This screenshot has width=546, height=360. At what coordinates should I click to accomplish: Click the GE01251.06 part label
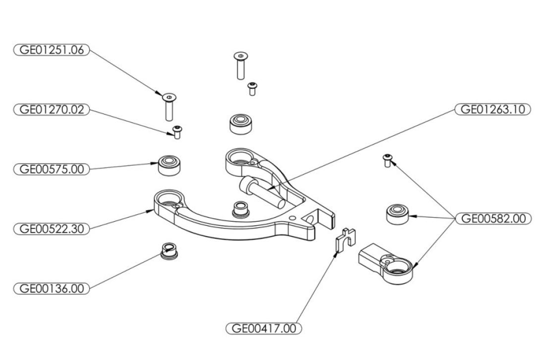click(52, 50)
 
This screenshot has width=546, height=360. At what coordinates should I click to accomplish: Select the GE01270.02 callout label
click(52, 110)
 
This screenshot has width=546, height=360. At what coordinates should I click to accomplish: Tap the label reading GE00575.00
click(52, 169)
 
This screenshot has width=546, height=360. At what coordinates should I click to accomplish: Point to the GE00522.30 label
click(52, 229)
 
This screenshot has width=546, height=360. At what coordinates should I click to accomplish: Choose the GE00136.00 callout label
click(52, 289)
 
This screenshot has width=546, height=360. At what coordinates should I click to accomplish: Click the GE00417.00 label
click(264, 328)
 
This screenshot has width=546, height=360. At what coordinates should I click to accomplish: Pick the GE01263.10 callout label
click(492, 109)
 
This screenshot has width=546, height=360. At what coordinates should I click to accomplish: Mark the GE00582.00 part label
click(492, 219)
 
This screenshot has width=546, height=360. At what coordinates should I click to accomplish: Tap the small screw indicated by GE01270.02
click(177, 132)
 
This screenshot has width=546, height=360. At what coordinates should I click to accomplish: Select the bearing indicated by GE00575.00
click(169, 166)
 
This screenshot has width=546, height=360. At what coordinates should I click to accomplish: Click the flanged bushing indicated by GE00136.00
click(170, 250)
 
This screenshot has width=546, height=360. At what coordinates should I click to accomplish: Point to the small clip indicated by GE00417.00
click(345, 240)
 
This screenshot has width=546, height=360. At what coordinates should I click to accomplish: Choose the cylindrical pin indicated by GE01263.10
click(262, 192)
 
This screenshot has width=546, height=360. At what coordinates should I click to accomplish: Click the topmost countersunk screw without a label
click(240, 65)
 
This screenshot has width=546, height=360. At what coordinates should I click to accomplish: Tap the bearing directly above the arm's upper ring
click(241, 123)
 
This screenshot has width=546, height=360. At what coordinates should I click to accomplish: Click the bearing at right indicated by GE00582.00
click(397, 214)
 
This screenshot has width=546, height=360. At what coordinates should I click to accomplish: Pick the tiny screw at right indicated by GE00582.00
click(387, 160)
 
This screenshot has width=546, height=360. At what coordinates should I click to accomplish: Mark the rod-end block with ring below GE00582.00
click(386, 263)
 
